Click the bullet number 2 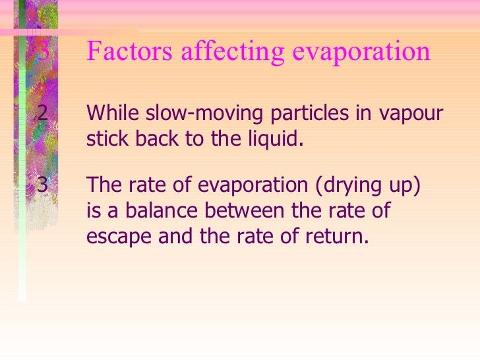(42, 113)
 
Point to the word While (110, 113)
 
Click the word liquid (278, 140)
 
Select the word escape (119, 237)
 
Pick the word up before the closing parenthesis (402, 185)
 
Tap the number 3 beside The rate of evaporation (42, 185)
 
